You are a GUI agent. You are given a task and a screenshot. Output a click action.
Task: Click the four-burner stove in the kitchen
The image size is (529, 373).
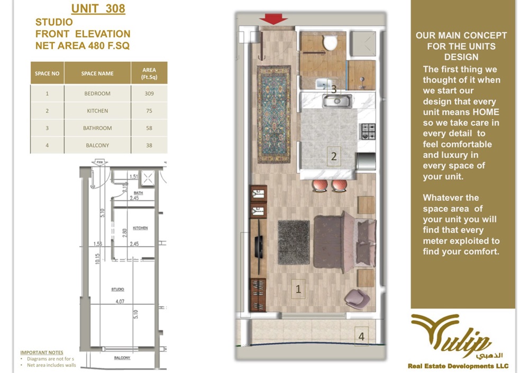367,128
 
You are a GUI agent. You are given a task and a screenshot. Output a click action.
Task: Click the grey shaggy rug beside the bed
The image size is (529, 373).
294,242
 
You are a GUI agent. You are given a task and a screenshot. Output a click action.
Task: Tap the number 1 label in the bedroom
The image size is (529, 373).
298,289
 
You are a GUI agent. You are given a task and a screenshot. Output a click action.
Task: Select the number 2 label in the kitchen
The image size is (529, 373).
334,156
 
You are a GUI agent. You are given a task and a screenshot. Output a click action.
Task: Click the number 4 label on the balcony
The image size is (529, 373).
362,336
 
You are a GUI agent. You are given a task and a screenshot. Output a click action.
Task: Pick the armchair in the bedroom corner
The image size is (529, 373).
355,298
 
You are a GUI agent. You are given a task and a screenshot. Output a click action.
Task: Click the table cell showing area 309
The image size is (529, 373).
149,94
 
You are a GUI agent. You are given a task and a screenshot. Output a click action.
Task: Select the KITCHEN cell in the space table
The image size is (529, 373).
97,111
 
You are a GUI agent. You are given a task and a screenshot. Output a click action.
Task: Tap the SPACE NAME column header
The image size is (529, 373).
97,73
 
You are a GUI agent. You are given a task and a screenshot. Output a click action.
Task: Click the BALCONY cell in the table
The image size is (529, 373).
97,145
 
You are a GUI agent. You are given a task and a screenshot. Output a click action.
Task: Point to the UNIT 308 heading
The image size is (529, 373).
98,9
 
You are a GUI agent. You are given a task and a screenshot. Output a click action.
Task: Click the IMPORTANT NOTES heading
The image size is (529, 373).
41,352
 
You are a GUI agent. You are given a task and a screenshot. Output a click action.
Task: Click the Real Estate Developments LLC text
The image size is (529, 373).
458,366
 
